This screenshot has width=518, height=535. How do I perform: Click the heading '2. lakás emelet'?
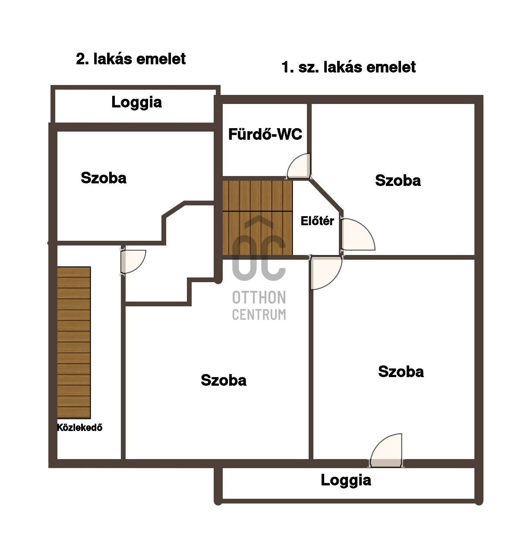tap(131, 59)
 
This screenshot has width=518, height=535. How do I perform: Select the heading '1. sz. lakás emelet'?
tap(348, 67)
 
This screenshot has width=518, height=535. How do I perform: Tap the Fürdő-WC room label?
tap(265, 134)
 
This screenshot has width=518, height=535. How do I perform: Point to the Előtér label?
tap(317, 221)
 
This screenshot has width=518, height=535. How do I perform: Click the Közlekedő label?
tap(79, 427)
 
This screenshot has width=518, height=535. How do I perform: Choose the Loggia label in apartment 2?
tap(137, 103)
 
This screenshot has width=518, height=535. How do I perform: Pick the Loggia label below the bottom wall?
tap(346, 480)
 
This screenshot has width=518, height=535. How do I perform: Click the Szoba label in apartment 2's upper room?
tap(104, 178)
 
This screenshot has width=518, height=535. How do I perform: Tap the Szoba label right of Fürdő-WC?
tap(398, 181)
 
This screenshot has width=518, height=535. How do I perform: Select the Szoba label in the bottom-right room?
tap(401, 372)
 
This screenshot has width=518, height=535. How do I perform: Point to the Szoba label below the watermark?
tap(223, 380)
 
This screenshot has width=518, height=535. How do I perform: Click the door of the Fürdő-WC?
tap(298, 166)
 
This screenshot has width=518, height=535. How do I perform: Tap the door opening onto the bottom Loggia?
tap(385, 450)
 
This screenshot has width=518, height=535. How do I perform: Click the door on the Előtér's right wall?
tap(357, 235)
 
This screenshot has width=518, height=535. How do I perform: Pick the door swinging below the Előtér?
tap(326, 272)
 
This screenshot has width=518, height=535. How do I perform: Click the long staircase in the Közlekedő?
tap(74, 342)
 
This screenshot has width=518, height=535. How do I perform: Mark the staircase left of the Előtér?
tap(257, 218)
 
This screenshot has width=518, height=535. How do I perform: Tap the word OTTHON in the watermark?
tap(259, 297)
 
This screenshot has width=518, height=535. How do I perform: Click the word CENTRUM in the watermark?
tap(259, 314)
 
